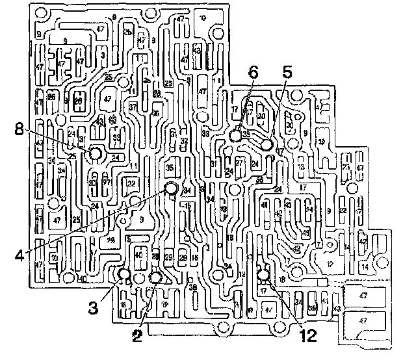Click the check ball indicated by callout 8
(95, 154)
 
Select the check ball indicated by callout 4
(171, 188)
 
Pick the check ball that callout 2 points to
(155, 277)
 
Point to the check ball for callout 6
(236, 136)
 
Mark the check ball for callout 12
(263, 276)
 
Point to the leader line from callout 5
(277, 107)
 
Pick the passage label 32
(184, 141)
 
